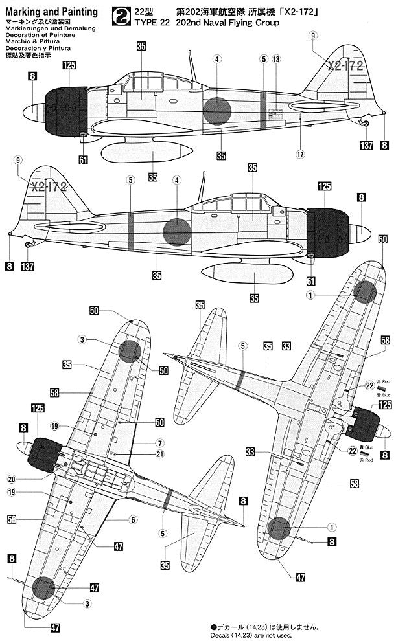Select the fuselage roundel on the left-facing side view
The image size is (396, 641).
[218, 111]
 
